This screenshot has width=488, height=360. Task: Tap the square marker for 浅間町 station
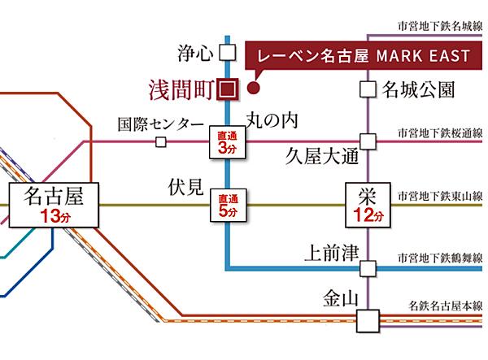[229, 88]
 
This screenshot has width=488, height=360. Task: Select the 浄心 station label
[194, 54]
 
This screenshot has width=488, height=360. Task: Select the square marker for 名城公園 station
[368, 88]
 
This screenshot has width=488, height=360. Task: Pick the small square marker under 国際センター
[161, 143]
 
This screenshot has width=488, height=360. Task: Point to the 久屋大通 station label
[323, 154]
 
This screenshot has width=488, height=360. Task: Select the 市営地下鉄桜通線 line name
[440, 132]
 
